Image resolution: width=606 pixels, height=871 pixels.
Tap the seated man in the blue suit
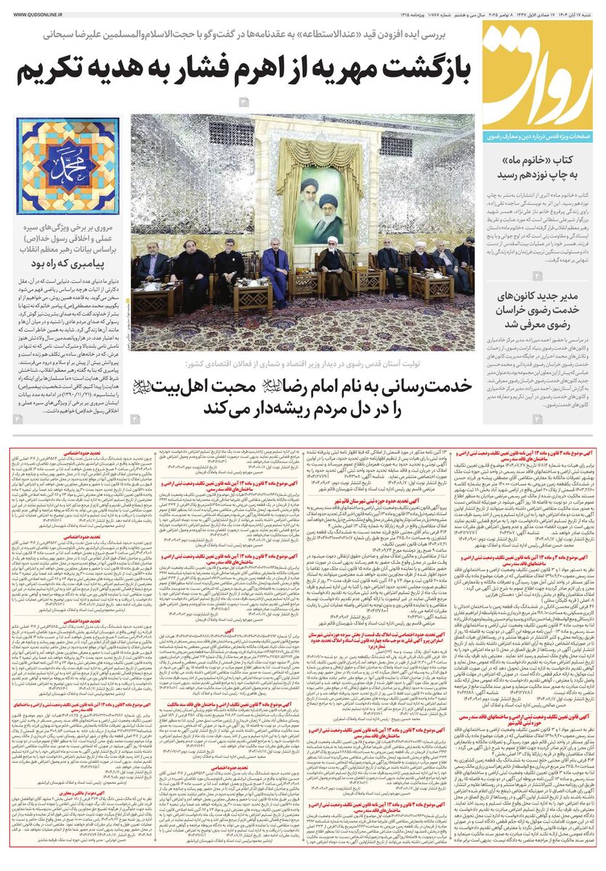276,272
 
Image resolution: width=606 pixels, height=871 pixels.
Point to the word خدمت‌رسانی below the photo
421,385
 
